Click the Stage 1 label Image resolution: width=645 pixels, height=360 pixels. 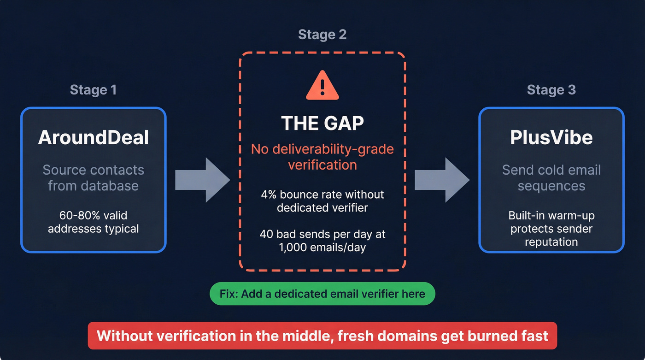pos(93,89)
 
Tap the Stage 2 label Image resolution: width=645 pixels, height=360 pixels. pos(322,35)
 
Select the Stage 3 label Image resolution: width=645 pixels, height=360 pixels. pos(551,89)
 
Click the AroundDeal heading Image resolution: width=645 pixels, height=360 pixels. pos(94,138)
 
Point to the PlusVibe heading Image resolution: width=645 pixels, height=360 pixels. pos(551,138)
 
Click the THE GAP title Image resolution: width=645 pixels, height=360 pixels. pos(322,123)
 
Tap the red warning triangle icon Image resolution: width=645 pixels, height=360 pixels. pos(322,86)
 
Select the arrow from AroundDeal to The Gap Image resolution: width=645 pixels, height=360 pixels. pos(202,180)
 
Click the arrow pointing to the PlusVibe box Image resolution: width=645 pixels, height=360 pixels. pos(442,180)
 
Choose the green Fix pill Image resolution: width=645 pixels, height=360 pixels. pos(322,294)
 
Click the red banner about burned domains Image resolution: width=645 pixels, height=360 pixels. pos(322,335)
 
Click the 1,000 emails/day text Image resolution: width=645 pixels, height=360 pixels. pos(322,248)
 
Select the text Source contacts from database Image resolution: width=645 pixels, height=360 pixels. pos(94,178)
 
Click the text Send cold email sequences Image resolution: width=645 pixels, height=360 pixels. pos(551,178)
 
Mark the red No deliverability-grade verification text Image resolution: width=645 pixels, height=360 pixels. pos(322,157)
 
